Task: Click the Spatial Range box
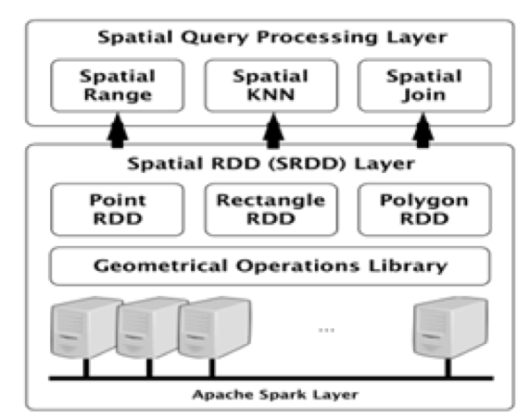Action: [118, 86]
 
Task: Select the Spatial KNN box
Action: [271, 86]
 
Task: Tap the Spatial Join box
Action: [424, 86]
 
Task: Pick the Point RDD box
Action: [118, 210]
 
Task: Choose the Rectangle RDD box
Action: [271, 210]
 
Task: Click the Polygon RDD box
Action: [424, 210]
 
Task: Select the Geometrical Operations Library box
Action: [270, 266]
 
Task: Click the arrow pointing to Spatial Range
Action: [118, 130]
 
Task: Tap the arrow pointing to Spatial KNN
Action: [273, 130]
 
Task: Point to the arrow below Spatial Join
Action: [423, 130]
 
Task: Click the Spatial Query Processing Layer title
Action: [272, 37]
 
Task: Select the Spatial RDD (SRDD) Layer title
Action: [271, 164]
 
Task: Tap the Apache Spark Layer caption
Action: [275, 395]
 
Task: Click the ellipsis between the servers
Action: [326, 330]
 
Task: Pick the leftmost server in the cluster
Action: [86, 327]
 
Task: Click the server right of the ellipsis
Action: [451, 327]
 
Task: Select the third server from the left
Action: [215, 327]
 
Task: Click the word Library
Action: [408, 266]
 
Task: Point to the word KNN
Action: [271, 95]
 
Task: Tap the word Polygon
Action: [424, 201]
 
